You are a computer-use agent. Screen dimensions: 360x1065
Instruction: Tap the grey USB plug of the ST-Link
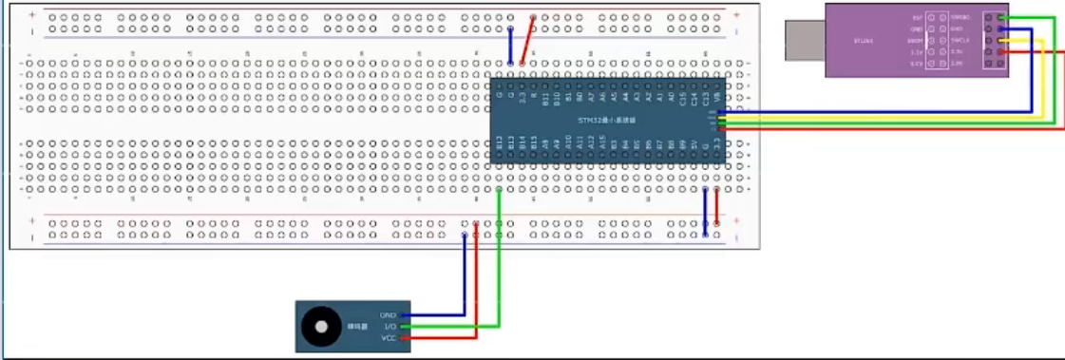click(x=804, y=41)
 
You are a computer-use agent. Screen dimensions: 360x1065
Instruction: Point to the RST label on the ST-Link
click(x=916, y=18)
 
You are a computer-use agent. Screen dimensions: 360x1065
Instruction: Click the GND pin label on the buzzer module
click(x=388, y=315)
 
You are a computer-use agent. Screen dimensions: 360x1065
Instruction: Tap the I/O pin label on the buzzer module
click(x=388, y=327)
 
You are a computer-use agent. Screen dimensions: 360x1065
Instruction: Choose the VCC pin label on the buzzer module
click(x=388, y=338)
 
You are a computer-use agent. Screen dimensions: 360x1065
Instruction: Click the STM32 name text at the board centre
click(x=606, y=121)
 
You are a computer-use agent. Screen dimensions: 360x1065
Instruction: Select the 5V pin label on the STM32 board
click(x=694, y=144)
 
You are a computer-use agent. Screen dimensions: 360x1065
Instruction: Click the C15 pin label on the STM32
click(x=683, y=97)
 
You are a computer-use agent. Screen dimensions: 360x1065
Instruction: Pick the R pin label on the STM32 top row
click(x=534, y=95)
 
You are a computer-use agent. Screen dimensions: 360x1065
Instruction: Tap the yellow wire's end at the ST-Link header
click(x=1002, y=41)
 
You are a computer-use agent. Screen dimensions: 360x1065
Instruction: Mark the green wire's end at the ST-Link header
click(x=1002, y=18)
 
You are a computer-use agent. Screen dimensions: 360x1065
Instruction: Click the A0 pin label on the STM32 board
click(x=672, y=96)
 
